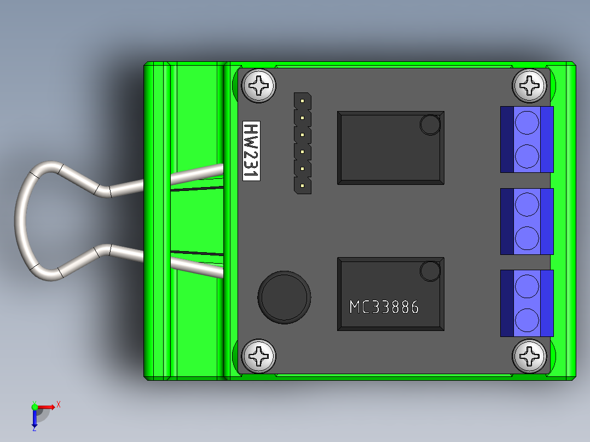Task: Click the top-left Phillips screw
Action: pos(259,85)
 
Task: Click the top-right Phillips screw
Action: pos(529,85)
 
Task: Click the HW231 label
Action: pos(251,151)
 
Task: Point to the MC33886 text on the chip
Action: pos(384,307)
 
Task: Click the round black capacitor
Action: pos(284,297)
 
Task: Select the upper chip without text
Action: pos(390,148)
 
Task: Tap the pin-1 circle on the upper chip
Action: pos(430,125)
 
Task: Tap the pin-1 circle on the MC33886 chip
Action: pos(430,271)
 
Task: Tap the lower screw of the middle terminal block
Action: pos(527,237)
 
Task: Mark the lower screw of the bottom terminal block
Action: pos(527,319)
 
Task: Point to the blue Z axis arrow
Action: pos(34,419)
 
